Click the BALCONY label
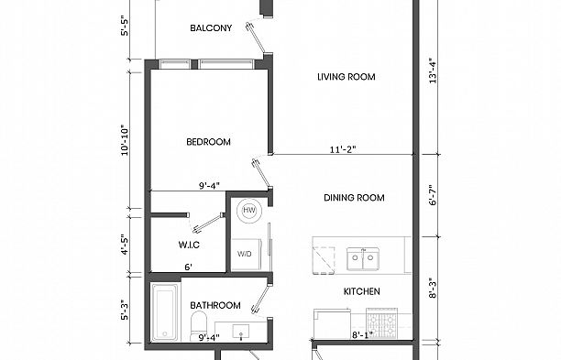pos(211,28)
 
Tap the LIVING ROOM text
pos(346,78)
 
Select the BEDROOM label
pos(208,142)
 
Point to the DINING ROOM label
pos(354,198)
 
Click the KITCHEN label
pos(361,292)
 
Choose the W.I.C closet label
pos(190,245)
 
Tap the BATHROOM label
pos(214,305)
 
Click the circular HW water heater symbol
pos(248,212)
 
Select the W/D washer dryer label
pos(245,254)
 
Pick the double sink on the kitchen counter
pos(363,260)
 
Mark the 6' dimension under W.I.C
pos(188,267)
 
